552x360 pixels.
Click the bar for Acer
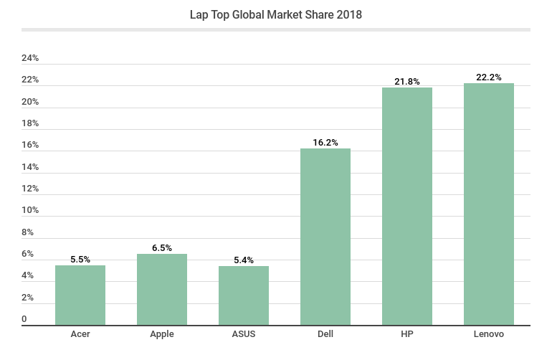(x=80, y=295)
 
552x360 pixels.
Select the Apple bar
(x=162, y=290)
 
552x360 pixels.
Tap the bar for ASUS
(x=244, y=295)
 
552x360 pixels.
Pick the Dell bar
(x=325, y=237)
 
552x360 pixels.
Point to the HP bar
(x=407, y=207)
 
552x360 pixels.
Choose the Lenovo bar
(x=489, y=204)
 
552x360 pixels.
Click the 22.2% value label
(x=489, y=77)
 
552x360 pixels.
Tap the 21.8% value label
(x=407, y=81)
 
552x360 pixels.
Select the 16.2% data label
(x=325, y=142)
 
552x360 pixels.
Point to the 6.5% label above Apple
(x=162, y=247)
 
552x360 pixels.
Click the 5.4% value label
(x=244, y=260)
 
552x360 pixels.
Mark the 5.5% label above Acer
(x=80, y=259)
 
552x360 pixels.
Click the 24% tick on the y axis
(x=30, y=57)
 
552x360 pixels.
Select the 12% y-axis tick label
(x=30, y=189)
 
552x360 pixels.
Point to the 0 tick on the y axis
(x=24, y=319)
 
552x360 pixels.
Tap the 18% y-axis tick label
(x=30, y=123)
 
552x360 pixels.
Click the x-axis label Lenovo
(x=489, y=334)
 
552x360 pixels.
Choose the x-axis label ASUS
(x=244, y=334)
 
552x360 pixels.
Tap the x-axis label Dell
(x=325, y=334)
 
